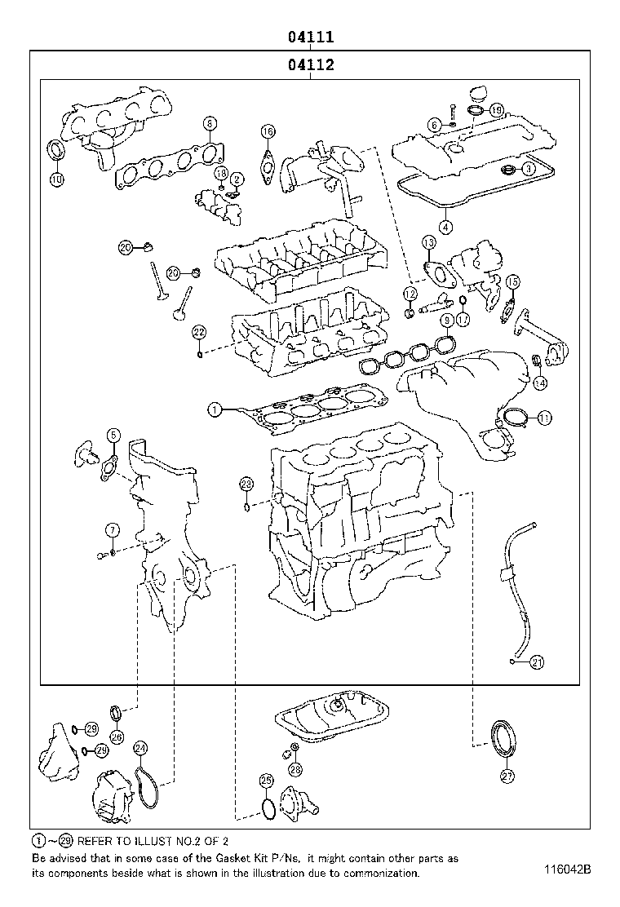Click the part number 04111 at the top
(310, 37)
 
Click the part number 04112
(310, 65)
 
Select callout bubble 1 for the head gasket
(214, 409)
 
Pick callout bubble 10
(55, 179)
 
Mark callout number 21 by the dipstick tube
(536, 661)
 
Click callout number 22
(199, 331)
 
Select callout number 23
(246, 484)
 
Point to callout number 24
(140, 748)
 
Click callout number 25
(265, 781)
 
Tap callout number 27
(507, 776)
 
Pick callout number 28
(294, 769)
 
